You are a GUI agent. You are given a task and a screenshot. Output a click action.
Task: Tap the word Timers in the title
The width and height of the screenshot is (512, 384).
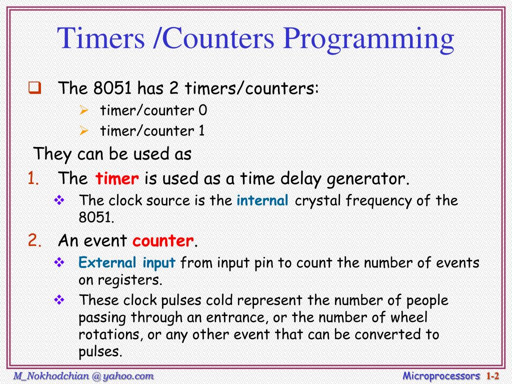pyautogui.click(x=100, y=39)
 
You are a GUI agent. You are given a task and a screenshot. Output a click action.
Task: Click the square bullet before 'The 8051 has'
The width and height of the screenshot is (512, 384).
pyautogui.click(x=34, y=89)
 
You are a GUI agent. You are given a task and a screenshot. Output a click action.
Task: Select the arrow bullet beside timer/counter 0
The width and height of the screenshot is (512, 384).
pyautogui.click(x=84, y=110)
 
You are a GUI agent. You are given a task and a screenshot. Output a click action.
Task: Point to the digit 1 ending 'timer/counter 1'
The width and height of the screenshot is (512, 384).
pyautogui.click(x=201, y=131)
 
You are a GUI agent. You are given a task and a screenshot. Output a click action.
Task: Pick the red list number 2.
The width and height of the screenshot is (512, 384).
pyautogui.click(x=34, y=241)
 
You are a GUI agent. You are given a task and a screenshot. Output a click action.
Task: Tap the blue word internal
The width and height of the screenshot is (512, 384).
pyautogui.click(x=262, y=200)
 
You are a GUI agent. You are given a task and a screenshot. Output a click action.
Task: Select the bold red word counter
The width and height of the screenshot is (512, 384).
pyautogui.click(x=162, y=241)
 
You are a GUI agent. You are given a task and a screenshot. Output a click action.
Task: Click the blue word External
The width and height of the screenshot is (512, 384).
pyautogui.click(x=107, y=263)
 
